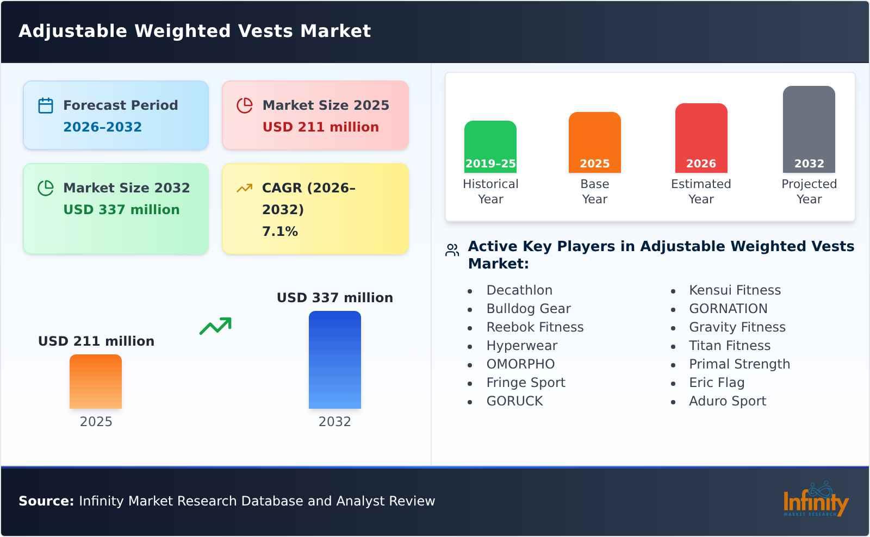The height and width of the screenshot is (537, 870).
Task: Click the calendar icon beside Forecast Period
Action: point(46,105)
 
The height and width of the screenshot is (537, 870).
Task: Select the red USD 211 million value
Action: point(320,127)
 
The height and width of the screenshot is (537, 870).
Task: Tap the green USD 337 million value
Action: point(121,210)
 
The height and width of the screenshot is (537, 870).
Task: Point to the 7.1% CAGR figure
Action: point(279,232)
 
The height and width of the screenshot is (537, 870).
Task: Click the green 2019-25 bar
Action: point(490,146)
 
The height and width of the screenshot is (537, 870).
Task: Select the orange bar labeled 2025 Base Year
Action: point(594,142)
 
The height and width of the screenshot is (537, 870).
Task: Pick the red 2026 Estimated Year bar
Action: point(701,138)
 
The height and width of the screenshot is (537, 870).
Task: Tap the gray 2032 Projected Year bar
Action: point(809,129)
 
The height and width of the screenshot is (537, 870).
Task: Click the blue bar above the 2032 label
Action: point(334,359)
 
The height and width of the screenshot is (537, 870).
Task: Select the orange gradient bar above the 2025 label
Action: point(96,381)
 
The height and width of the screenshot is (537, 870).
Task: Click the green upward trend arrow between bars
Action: point(215,326)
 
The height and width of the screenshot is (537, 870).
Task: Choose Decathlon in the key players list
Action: point(519,290)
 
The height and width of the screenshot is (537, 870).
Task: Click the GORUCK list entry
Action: point(514,401)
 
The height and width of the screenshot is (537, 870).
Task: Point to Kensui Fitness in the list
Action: point(735,290)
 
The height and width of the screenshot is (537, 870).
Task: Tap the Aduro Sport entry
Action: point(727,401)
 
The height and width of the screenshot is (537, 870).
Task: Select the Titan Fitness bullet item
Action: point(729,346)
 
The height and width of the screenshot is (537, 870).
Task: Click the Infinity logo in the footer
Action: point(815,501)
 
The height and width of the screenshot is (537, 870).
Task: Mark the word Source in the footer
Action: point(46,501)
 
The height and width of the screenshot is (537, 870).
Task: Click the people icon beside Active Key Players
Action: point(452,250)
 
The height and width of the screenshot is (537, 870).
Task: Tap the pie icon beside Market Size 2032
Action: point(46,188)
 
